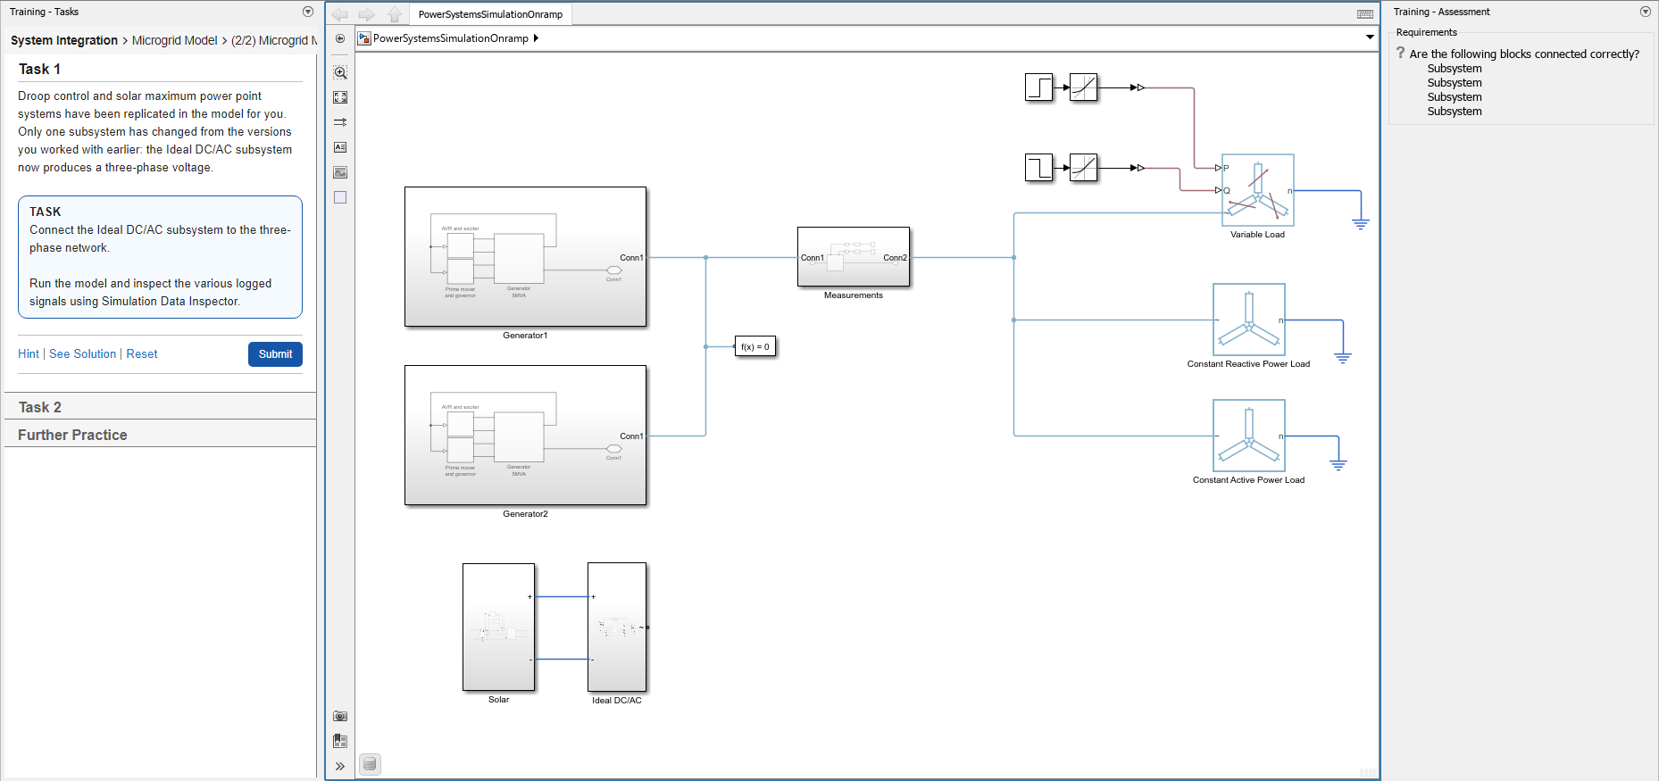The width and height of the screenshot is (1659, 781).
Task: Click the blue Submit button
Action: [275, 354]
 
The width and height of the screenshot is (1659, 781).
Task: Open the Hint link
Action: [29, 354]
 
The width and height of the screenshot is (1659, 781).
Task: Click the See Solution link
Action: [82, 354]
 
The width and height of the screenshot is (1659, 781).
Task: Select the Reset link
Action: [141, 354]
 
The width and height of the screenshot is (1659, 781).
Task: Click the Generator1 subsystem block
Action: [525, 257]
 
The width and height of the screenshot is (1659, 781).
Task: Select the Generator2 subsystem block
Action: [525, 436]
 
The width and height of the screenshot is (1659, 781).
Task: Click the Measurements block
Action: [853, 257]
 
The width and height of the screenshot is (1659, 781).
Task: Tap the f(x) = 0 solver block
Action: [754, 347]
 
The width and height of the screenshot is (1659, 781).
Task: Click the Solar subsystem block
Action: [498, 627]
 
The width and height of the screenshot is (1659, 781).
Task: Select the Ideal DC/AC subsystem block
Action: [616, 627]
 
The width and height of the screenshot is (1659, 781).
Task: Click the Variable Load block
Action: [1257, 190]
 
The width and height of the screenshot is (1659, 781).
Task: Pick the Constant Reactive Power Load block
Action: [1248, 320]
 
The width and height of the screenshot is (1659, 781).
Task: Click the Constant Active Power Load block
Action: [1248, 436]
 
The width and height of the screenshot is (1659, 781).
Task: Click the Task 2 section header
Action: [40, 407]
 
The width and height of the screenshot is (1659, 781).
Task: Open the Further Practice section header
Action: [72, 435]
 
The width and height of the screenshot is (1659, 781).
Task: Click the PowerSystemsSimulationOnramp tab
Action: [490, 14]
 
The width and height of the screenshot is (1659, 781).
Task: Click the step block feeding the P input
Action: [1038, 87]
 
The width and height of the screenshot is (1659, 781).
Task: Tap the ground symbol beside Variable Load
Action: [1360, 222]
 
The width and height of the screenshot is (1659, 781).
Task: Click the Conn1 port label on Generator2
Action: [630, 436]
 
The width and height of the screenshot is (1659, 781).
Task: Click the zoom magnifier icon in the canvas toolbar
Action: [340, 72]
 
